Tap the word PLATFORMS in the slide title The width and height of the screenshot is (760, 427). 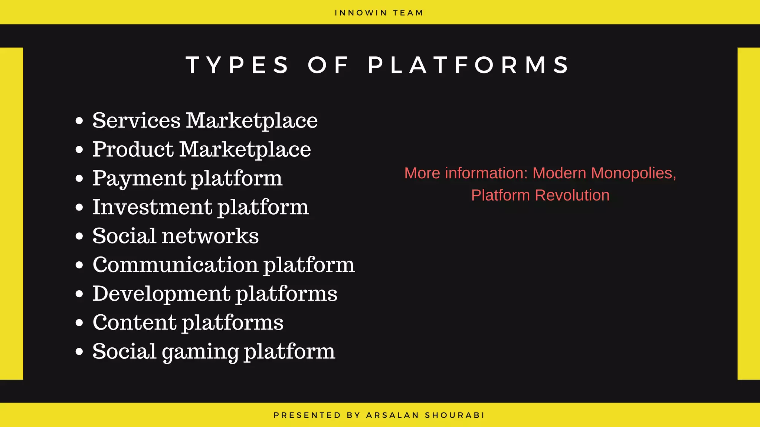point(468,65)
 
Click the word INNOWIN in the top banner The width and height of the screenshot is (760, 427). point(361,13)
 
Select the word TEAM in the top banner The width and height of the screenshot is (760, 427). point(408,13)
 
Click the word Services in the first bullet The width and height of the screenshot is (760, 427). point(136,120)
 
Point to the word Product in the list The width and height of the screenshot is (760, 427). point(133,149)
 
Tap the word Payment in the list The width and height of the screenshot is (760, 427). point(139,178)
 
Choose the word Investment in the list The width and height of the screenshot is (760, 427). point(152,207)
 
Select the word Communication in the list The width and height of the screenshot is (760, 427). point(175,265)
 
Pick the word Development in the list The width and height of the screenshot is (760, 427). point(161,294)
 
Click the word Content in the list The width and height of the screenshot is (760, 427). point(135,323)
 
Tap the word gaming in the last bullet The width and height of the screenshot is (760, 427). point(200,352)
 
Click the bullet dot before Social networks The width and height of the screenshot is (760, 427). point(79,236)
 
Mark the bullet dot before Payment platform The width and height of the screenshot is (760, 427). point(79,179)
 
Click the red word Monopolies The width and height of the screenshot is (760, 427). point(634,173)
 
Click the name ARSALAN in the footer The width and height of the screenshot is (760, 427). point(393,415)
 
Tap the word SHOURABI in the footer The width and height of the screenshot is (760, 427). point(455,415)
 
